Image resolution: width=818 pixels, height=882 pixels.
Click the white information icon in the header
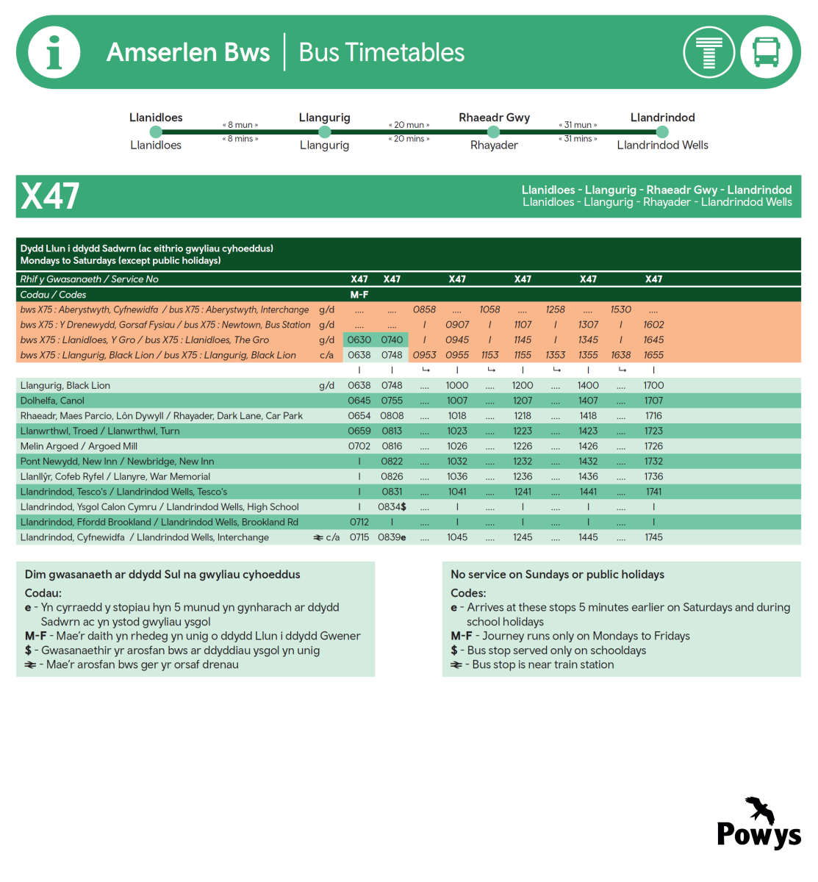pyautogui.click(x=54, y=52)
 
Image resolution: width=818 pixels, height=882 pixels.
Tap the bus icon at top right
pyautogui.click(x=766, y=52)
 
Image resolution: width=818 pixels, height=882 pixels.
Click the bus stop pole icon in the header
pyautogui.click(x=708, y=52)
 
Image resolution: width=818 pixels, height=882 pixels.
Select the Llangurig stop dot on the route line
pyautogui.click(x=325, y=132)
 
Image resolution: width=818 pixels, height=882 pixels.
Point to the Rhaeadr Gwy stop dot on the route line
pyautogui.click(x=494, y=132)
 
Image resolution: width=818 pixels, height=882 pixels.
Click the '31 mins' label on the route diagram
pyautogui.click(x=578, y=139)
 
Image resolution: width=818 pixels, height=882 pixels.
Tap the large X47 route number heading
pyautogui.click(x=50, y=196)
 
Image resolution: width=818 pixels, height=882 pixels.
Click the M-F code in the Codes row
pyautogui.click(x=359, y=295)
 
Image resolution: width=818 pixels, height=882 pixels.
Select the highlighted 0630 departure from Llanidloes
pyautogui.click(x=359, y=340)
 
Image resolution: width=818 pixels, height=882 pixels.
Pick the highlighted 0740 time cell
pyautogui.click(x=392, y=340)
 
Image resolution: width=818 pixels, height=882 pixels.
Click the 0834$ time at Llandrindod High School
pyautogui.click(x=392, y=507)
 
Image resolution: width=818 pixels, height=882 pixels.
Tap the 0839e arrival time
pyautogui.click(x=392, y=537)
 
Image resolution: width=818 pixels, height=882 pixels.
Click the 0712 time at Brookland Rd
pyautogui.click(x=359, y=522)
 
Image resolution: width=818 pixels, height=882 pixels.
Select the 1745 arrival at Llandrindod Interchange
pyautogui.click(x=653, y=537)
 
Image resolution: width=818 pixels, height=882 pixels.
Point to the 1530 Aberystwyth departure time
pyautogui.click(x=621, y=309)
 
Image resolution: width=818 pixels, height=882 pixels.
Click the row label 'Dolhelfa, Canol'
pyautogui.click(x=52, y=401)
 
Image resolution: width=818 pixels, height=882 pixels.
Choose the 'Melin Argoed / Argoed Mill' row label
pyautogui.click(x=79, y=446)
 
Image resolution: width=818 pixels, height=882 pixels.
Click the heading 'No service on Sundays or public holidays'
pyautogui.click(x=557, y=575)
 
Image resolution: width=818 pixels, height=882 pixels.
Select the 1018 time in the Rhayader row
pyautogui.click(x=457, y=416)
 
